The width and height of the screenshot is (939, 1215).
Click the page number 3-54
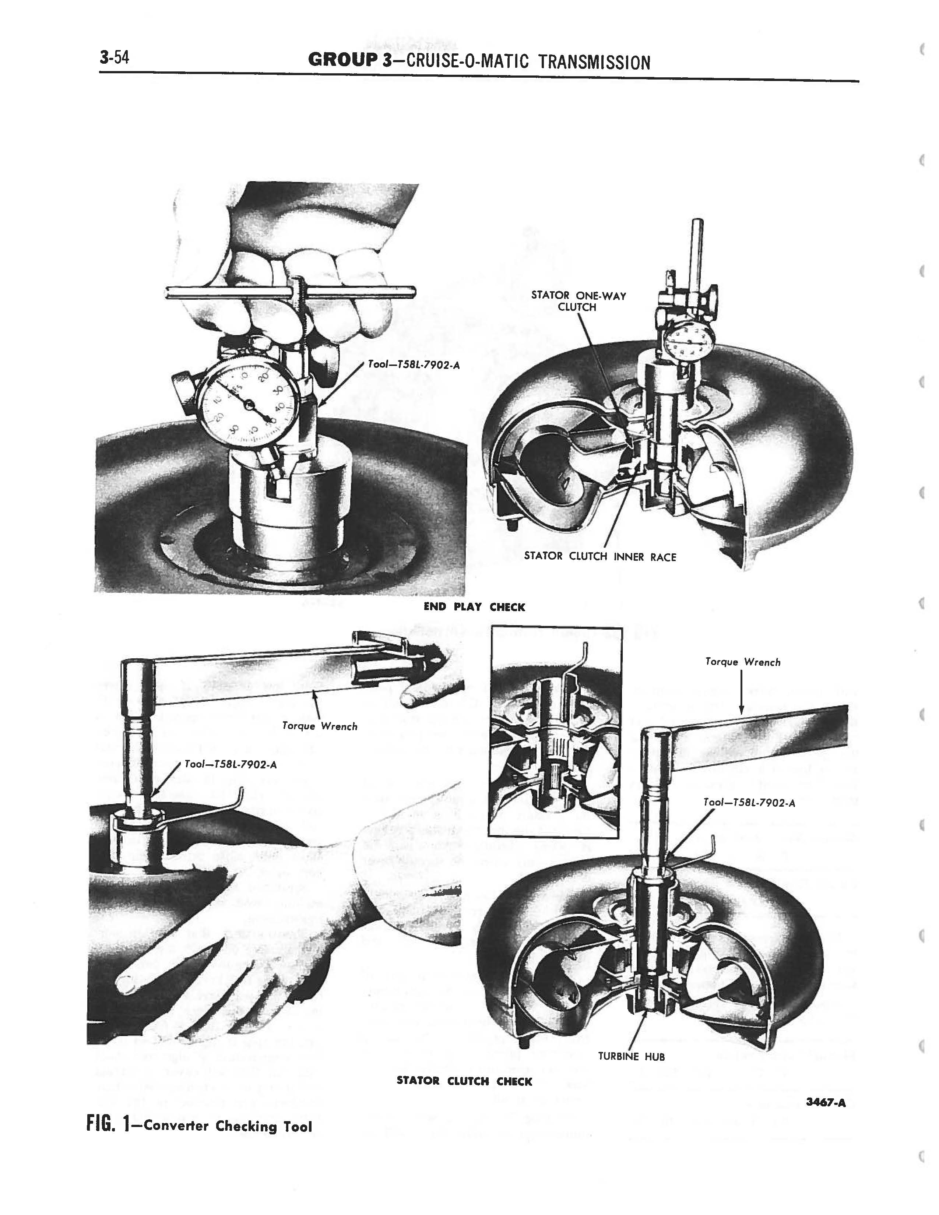pyautogui.click(x=115, y=57)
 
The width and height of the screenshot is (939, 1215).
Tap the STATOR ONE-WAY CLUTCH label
pyautogui.click(x=578, y=301)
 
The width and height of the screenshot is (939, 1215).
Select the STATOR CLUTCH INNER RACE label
pyautogui.click(x=600, y=556)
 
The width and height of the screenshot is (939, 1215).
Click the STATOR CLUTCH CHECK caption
pyautogui.click(x=464, y=1081)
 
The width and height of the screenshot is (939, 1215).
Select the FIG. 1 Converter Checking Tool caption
pyautogui.click(x=199, y=1126)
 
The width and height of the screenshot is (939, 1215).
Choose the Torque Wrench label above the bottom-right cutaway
pyautogui.click(x=743, y=662)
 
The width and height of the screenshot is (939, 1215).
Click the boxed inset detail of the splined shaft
pyautogui.click(x=553, y=734)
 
